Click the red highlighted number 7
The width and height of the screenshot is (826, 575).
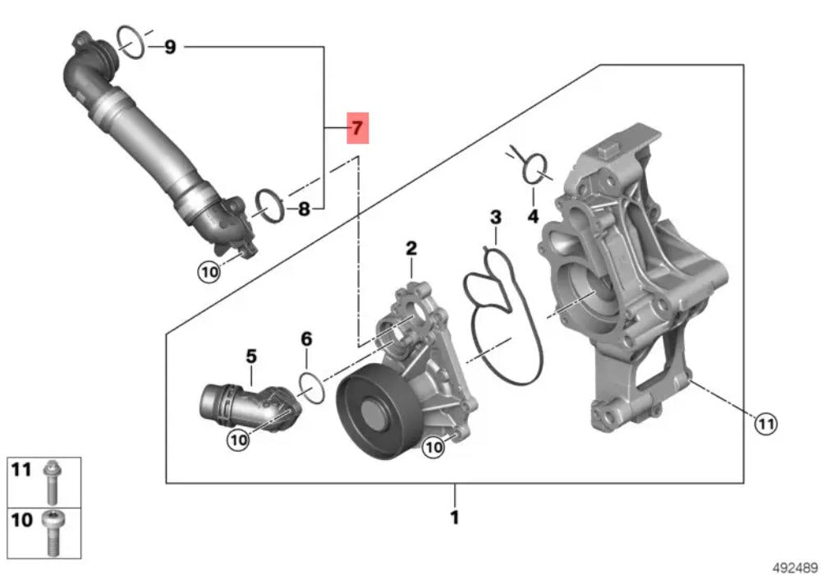pyautogui.click(x=357, y=127)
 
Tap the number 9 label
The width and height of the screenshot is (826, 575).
pyautogui.click(x=170, y=48)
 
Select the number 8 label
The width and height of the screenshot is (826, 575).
pyautogui.click(x=304, y=209)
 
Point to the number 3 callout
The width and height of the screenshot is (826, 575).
pyautogui.click(x=496, y=217)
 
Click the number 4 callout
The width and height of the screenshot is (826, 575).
pyautogui.click(x=533, y=216)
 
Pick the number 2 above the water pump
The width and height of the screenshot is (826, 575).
pyautogui.click(x=411, y=248)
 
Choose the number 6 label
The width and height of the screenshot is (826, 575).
pyautogui.click(x=306, y=339)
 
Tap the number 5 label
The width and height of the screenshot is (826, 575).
pyautogui.click(x=251, y=356)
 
